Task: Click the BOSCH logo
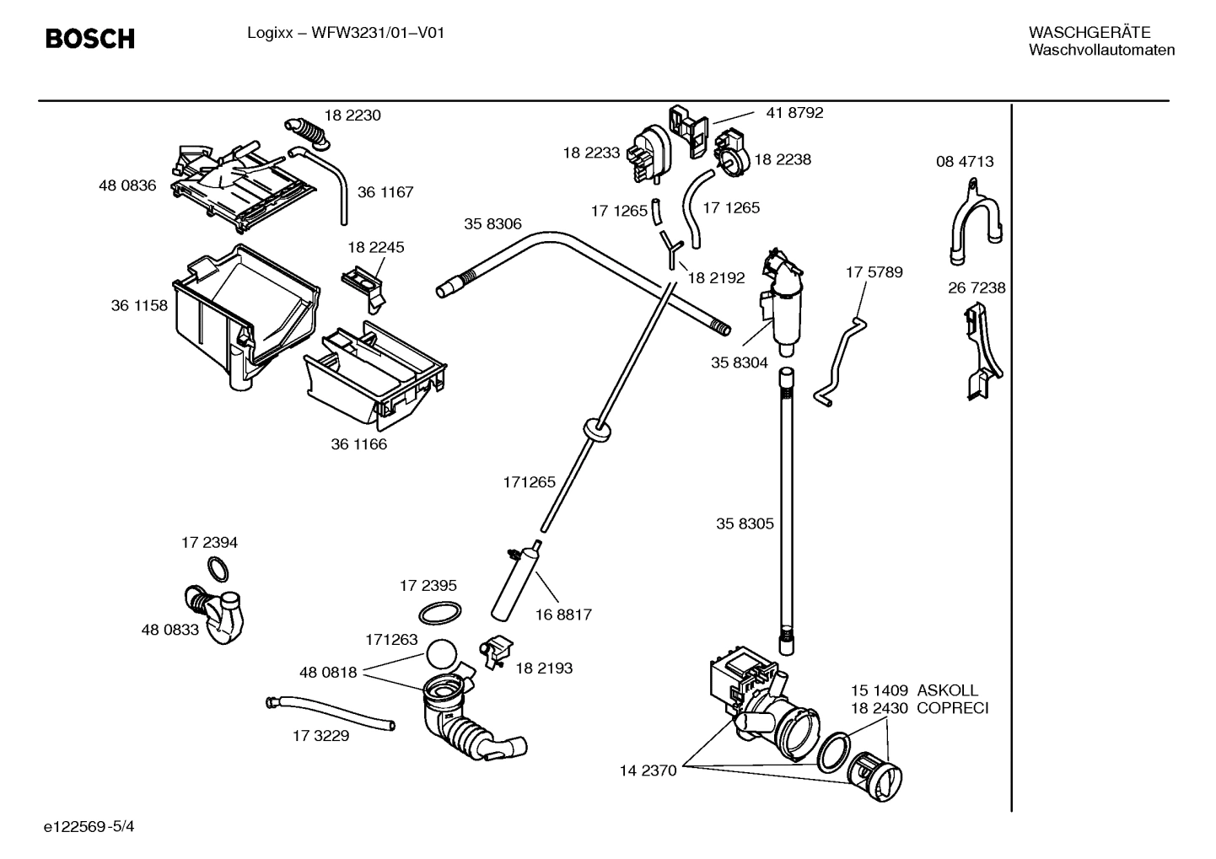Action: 89,39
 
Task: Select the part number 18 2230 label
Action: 352,115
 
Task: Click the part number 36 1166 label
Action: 358,444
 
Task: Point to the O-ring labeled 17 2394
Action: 218,571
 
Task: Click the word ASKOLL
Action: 948,690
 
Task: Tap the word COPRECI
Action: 952,708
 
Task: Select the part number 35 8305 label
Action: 745,523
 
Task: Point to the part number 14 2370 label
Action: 648,770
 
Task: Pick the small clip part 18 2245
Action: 365,282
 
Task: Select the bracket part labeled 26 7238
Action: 982,354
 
